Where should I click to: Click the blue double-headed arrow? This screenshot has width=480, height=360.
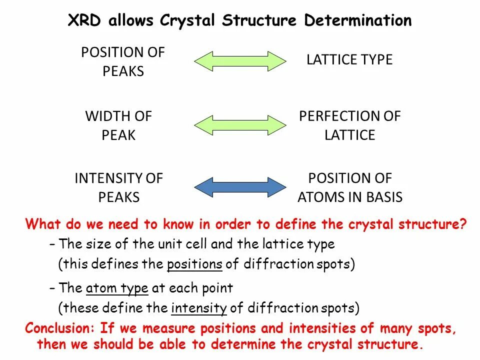click(x=240, y=187)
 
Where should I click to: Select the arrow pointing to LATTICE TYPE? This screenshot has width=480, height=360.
click(x=240, y=61)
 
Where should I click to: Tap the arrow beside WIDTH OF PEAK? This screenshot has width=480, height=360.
click(x=240, y=125)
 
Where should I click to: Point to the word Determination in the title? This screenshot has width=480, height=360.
click(x=358, y=20)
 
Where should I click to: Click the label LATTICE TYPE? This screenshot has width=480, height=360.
click(x=349, y=60)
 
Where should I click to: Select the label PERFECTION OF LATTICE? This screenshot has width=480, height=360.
click(x=350, y=125)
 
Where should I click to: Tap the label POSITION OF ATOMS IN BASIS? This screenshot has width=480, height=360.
click(x=350, y=187)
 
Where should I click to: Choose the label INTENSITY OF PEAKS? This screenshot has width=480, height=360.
click(x=119, y=187)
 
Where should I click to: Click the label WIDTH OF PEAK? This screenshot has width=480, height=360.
click(x=118, y=125)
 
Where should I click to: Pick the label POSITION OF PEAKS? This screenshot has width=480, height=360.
click(x=123, y=61)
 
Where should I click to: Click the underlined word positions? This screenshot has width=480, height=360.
click(x=194, y=264)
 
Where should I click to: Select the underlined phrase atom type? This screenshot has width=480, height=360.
click(x=117, y=288)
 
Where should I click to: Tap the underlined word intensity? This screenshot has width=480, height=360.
click(x=199, y=308)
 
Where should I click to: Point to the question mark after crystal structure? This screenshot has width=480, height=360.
click(x=462, y=224)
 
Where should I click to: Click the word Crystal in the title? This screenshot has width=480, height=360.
click(x=187, y=20)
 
